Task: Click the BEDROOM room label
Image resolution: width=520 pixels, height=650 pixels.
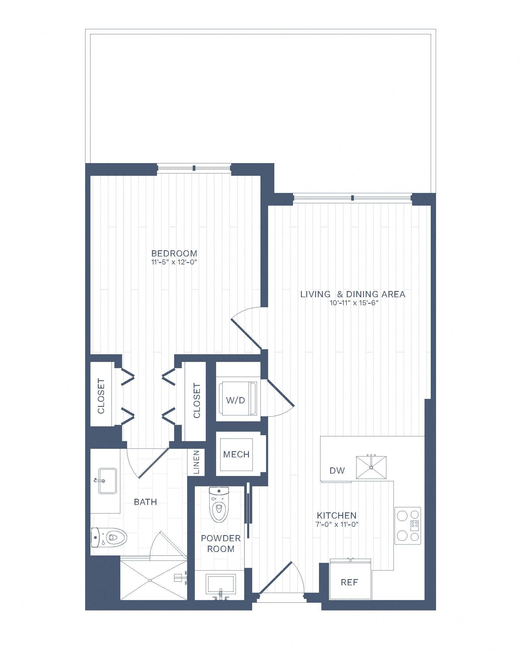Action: (x=174, y=253)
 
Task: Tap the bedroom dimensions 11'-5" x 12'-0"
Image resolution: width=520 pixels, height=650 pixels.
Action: (x=174, y=262)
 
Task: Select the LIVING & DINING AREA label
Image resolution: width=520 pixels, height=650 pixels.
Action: (x=353, y=294)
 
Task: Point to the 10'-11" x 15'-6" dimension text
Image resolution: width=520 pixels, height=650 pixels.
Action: (x=354, y=303)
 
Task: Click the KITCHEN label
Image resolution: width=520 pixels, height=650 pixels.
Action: (x=337, y=515)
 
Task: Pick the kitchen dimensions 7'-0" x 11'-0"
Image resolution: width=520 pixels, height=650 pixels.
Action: (x=337, y=524)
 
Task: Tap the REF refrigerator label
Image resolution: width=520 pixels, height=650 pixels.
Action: (x=349, y=582)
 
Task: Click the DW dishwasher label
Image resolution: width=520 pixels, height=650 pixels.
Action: (x=337, y=470)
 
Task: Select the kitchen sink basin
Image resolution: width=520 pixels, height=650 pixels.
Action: (x=371, y=467)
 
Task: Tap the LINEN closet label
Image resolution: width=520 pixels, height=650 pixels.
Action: (x=196, y=462)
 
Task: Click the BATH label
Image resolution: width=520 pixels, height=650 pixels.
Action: (x=145, y=502)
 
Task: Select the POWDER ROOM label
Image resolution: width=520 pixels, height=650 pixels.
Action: (x=221, y=543)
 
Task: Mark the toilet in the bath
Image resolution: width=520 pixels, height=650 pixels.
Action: (x=109, y=537)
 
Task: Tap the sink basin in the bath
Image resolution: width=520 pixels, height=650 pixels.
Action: (x=107, y=481)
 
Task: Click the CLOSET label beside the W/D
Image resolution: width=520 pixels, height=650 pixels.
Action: (x=197, y=400)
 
